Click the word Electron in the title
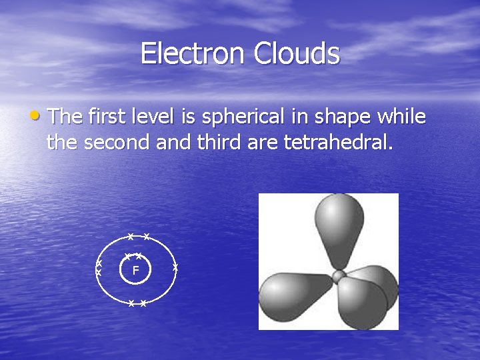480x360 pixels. [193, 54]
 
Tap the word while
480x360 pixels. [401, 117]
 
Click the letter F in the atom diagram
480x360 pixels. [135, 271]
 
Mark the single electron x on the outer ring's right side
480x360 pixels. [175, 267]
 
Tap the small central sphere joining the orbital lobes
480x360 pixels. [339, 276]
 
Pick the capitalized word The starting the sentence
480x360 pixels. [65, 117]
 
